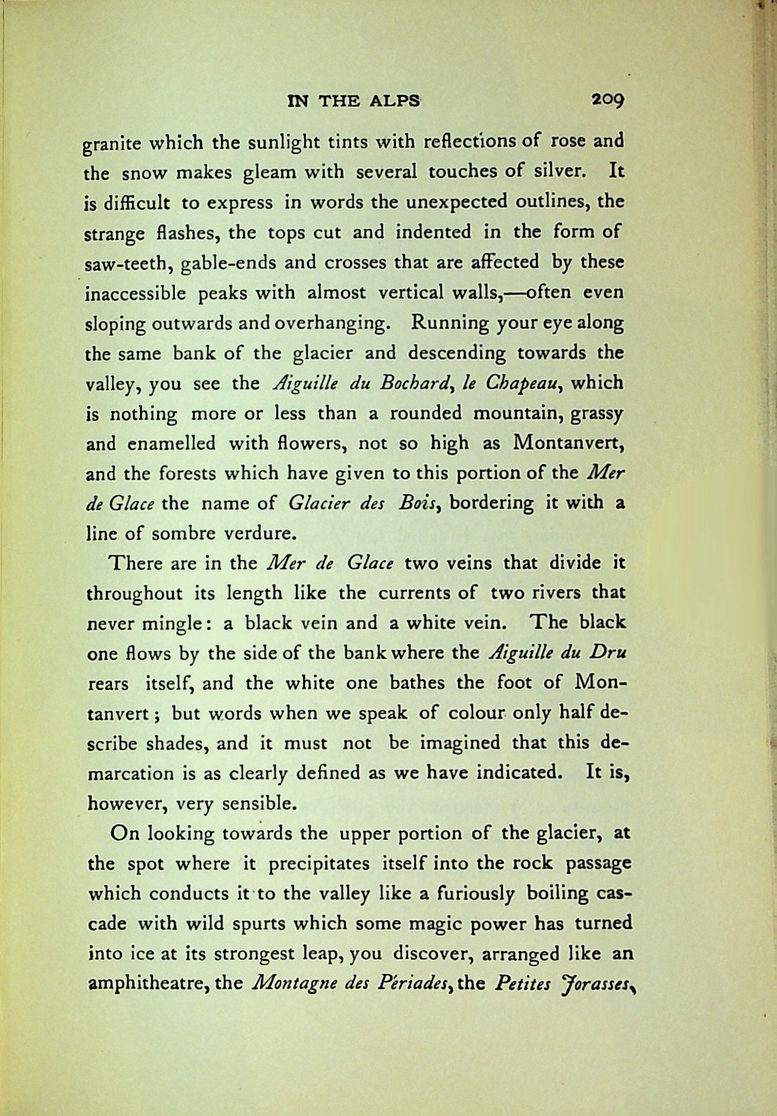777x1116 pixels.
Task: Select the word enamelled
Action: click(x=171, y=443)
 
